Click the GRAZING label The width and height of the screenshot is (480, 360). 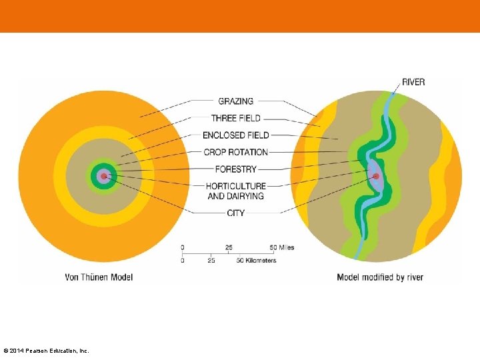coord(235,101)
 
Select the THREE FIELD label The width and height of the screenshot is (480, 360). coord(235,118)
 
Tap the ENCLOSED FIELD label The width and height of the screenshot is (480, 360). coord(235,135)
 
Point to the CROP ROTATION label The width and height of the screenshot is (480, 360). coord(235,152)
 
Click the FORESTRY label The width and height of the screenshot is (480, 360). coord(235,169)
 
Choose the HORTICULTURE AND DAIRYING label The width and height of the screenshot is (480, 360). coord(235,191)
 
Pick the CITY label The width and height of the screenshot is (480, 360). coord(235,213)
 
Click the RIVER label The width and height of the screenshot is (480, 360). coord(413,82)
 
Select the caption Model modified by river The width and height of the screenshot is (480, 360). coord(380,277)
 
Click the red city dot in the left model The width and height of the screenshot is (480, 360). coord(103,177)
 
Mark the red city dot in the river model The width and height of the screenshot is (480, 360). coord(376,177)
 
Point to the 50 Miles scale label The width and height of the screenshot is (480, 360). coord(281,247)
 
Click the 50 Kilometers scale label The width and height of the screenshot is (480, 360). coord(256,261)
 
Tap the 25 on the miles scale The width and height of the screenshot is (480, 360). coord(229,247)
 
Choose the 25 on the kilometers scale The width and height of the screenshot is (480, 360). coord(211,261)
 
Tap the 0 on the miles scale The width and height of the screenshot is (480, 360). coord(183,247)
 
